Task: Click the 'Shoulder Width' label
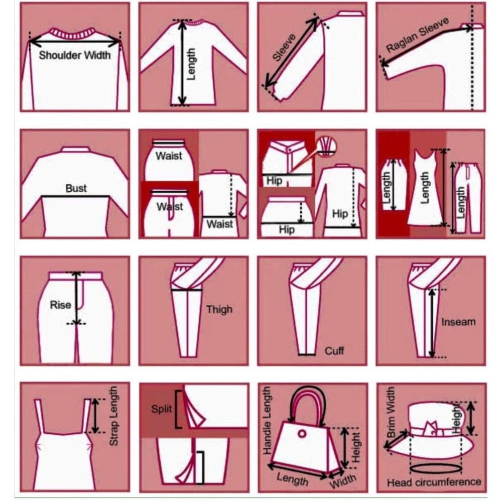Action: [x=75, y=55]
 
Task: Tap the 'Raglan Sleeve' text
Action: [x=418, y=35]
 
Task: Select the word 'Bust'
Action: [x=76, y=188]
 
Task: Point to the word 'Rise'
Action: [x=61, y=305]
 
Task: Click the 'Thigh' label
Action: [x=219, y=310]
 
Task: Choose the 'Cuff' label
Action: [x=334, y=351]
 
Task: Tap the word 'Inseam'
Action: [x=458, y=322]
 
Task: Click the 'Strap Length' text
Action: [x=113, y=416]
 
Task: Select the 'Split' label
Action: [x=161, y=409]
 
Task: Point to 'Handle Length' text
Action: [x=267, y=420]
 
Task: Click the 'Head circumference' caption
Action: [x=434, y=482]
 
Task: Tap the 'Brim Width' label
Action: [x=391, y=412]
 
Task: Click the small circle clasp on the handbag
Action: [x=302, y=434]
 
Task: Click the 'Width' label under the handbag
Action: [x=342, y=480]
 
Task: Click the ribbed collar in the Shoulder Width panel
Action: [x=74, y=33]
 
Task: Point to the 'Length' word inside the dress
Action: [x=425, y=188]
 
